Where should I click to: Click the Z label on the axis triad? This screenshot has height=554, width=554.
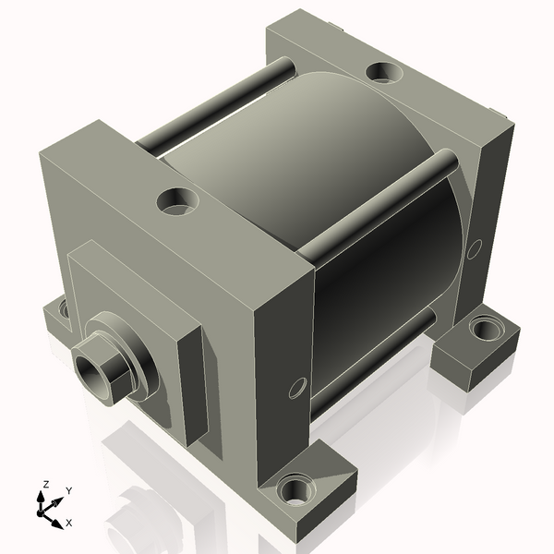(x=45, y=484)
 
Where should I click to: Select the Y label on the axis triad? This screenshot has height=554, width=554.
(x=69, y=490)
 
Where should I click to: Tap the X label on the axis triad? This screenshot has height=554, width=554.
(x=68, y=523)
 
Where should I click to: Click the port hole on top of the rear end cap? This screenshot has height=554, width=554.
(x=380, y=71)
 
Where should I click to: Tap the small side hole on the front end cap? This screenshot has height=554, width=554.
(x=297, y=387)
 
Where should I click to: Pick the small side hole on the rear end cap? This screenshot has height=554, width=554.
(x=475, y=248)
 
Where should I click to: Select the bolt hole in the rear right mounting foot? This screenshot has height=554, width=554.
(x=482, y=328)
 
